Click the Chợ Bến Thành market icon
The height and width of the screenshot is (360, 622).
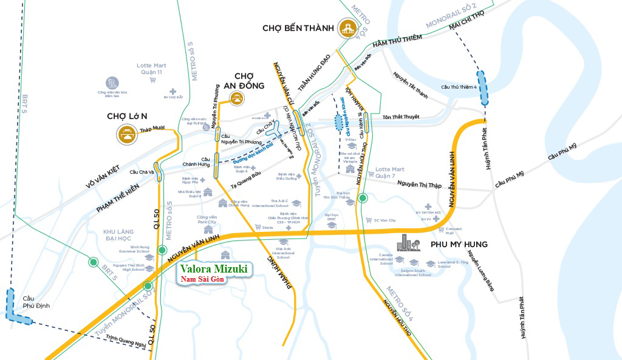tap(349, 28)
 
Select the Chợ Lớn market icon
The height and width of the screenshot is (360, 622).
tap(128, 135)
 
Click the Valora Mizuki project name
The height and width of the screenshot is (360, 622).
tap(213, 268)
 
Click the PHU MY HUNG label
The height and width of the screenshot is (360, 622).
tap(459, 245)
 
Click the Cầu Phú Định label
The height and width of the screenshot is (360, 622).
tap(34, 302)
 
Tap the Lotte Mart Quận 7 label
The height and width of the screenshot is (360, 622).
tap(389, 172)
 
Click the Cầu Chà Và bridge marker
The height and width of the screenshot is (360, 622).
tap(157, 172)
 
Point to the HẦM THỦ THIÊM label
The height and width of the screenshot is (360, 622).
tap(397, 44)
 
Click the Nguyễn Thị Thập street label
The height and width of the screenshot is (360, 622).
tap(420, 185)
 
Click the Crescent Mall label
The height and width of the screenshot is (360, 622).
tap(449, 229)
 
